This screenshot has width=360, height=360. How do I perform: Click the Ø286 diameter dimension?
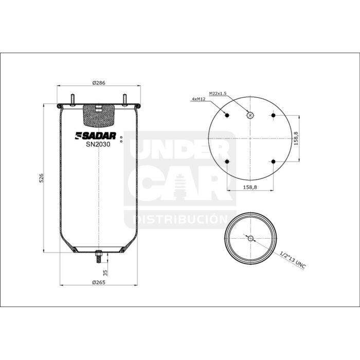99,83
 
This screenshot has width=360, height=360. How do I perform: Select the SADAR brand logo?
97,136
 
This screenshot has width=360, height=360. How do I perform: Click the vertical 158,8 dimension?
296,139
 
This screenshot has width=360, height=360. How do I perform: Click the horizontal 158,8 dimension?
249,187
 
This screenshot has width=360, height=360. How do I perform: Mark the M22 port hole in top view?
250,115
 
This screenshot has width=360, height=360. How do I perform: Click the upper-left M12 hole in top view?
227,115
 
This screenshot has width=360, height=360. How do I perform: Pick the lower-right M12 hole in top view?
273,163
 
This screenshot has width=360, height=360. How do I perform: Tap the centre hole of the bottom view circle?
250,239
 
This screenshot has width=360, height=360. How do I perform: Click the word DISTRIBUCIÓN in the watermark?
180,220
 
